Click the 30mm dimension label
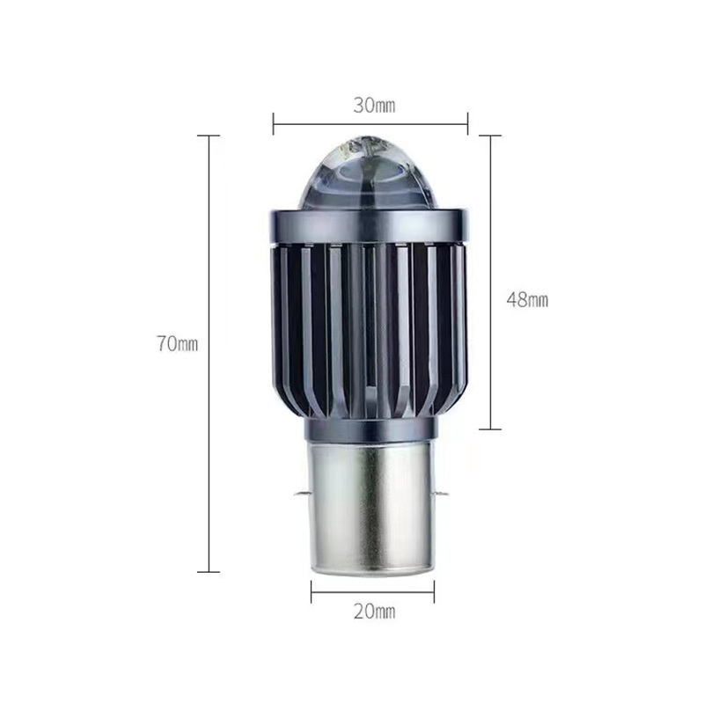pos(374,106)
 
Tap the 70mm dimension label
pos(178,344)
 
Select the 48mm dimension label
pos(527,299)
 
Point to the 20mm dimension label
pos(374,612)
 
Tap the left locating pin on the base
pos(301,495)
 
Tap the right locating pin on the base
pos(441,495)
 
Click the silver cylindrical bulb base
pos(370,508)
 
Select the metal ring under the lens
pos(370,227)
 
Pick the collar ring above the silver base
pos(370,429)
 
